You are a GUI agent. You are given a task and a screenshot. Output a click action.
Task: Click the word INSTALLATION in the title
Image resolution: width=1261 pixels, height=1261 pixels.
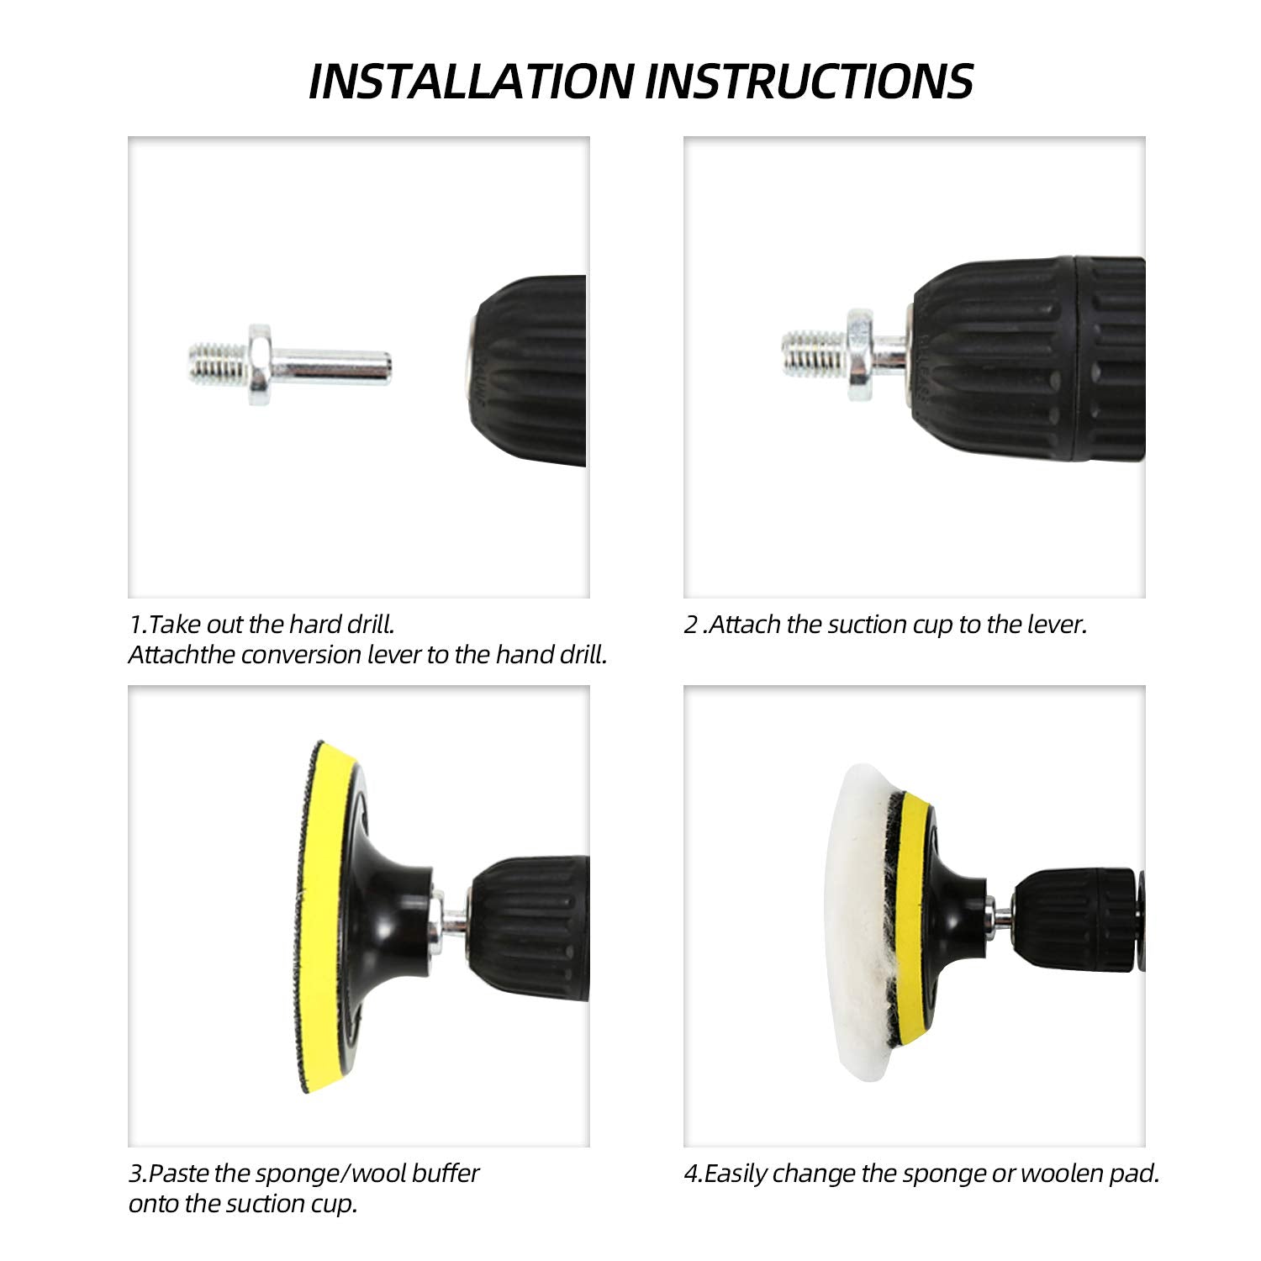[472, 82]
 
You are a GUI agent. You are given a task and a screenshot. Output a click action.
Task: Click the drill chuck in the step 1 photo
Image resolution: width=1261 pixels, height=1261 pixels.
[526, 371]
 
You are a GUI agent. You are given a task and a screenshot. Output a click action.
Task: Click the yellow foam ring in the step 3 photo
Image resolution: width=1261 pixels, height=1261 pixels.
[328, 916]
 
